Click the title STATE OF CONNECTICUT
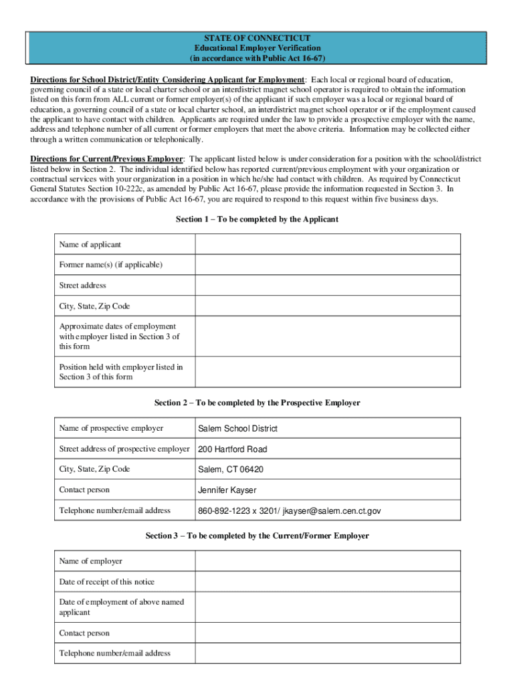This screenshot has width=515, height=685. (257, 38)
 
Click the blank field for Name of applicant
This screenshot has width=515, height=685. (327, 244)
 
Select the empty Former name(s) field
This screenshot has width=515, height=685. (327, 264)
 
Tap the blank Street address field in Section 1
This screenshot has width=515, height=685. (327, 285)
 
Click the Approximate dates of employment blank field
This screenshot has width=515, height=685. (327, 336)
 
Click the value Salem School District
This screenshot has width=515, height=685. (237, 428)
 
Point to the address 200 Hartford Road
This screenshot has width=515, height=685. (232, 449)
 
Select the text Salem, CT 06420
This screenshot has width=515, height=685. (231, 469)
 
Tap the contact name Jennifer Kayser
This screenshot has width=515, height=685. (227, 490)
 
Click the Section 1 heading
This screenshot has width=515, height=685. (257, 219)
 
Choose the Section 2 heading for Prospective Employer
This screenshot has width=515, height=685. (257, 403)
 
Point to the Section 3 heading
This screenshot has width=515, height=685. (257, 536)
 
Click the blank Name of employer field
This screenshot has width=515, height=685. (327, 561)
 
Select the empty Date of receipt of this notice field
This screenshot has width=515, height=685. (327, 581)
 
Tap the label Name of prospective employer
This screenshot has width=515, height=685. (111, 428)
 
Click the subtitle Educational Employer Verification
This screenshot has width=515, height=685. (257, 48)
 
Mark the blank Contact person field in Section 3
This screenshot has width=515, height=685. (327, 633)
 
